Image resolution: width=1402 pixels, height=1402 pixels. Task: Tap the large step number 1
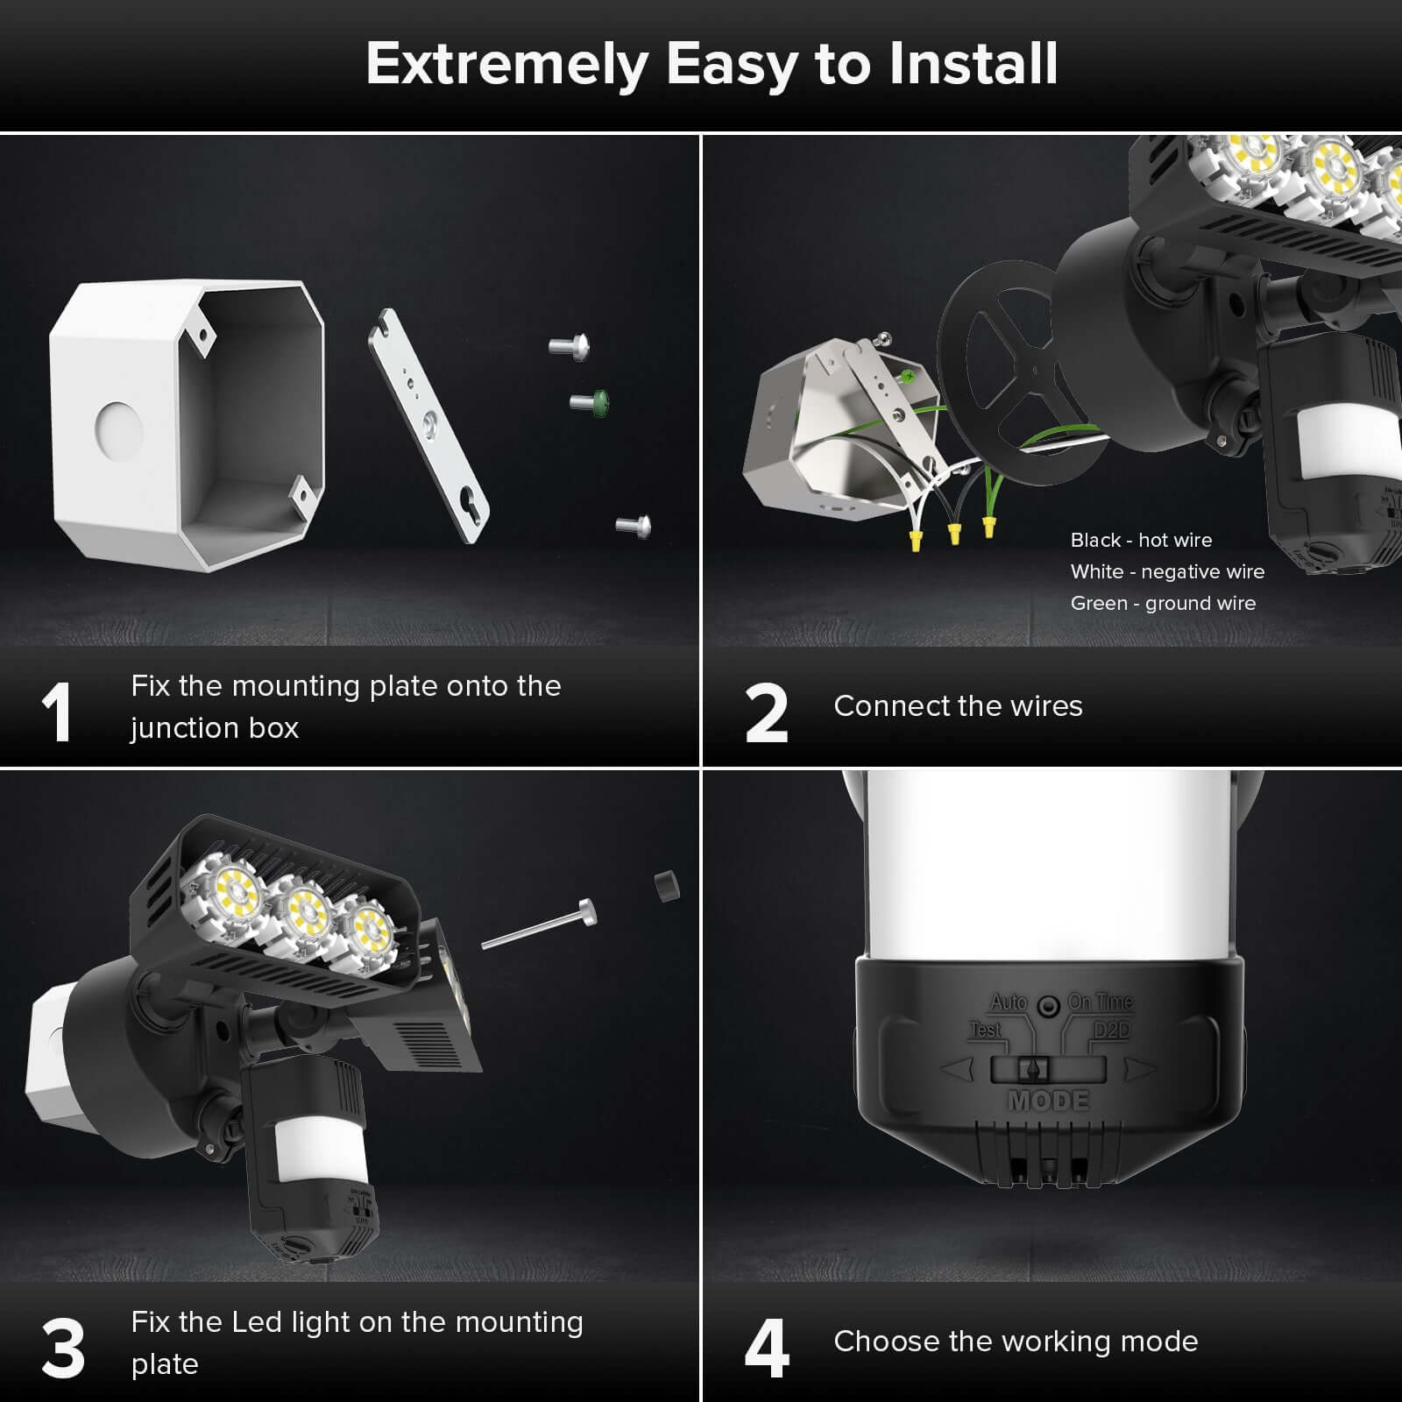point(58,713)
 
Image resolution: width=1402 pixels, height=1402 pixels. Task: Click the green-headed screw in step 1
point(590,402)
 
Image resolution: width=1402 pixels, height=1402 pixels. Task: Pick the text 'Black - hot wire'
point(1141,540)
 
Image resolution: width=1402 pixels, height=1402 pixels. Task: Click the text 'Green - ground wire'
point(1163,603)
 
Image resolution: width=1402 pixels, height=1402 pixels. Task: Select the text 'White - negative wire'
point(1167,571)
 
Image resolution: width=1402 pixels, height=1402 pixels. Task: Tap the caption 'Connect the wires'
point(958,705)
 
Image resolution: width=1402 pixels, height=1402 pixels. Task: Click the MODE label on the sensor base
point(1048,1100)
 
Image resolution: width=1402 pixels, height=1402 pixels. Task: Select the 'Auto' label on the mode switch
point(1009,1002)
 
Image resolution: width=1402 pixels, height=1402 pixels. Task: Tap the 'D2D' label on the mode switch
point(1110,1030)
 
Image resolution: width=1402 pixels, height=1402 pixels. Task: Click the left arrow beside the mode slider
point(959,1069)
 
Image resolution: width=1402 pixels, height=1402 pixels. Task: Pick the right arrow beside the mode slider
point(1140,1069)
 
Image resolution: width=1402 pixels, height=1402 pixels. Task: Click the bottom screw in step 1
point(634,526)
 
